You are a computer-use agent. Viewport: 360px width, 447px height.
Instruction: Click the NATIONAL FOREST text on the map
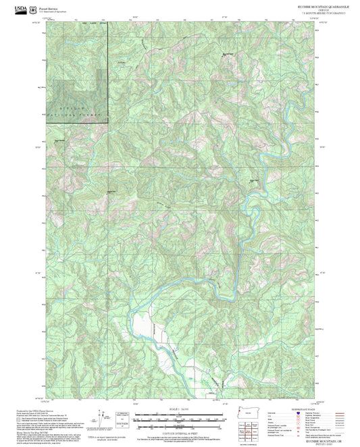[x=76, y=115]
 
